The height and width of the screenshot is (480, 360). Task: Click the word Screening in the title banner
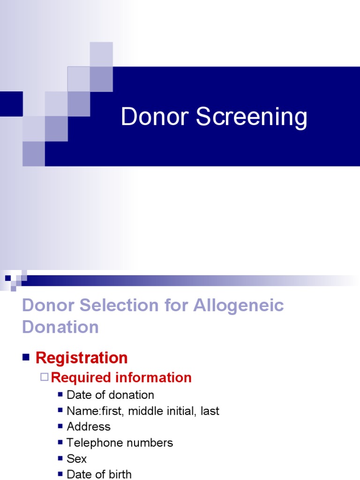pos(252,118)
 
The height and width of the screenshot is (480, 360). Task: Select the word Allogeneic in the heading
pos(238,305)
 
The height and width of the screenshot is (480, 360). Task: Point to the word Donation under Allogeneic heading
pos(60,327)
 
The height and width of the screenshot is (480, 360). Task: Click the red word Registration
pos(82,358)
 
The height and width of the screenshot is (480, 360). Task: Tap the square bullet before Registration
pos(26,357)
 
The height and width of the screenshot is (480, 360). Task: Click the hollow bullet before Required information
pos(45,377)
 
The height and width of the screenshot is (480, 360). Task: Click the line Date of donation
pos(110,395)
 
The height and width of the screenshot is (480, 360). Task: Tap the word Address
pos(89,427)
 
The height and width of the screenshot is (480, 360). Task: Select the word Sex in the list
pos(76,458)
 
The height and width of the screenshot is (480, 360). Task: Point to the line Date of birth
pos(99,474)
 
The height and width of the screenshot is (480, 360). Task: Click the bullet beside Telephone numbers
pos(60,442)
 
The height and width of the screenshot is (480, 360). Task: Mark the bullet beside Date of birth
pos(60,473)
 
